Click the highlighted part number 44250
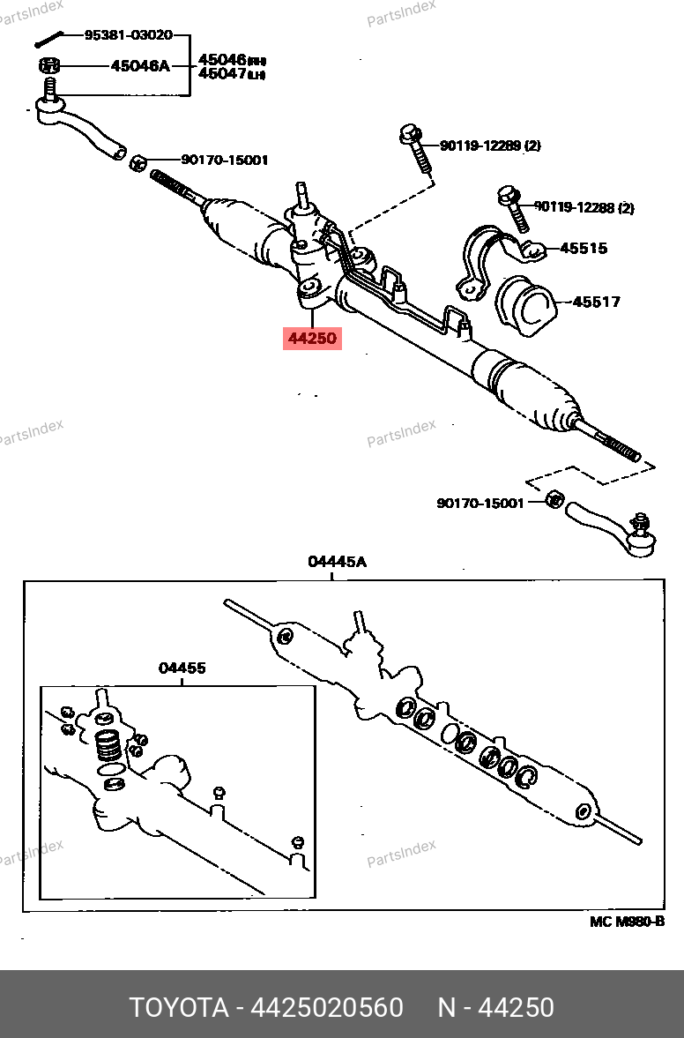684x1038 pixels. (311, 337)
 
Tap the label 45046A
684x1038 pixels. (139, 65)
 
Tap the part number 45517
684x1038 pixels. (596, 302)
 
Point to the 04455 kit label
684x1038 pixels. (182, 668)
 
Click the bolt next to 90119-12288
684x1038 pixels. (511, 206)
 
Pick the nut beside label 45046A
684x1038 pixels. (49, 65)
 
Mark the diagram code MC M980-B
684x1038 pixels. (626, 922)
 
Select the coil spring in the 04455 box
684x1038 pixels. (108, 747)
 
